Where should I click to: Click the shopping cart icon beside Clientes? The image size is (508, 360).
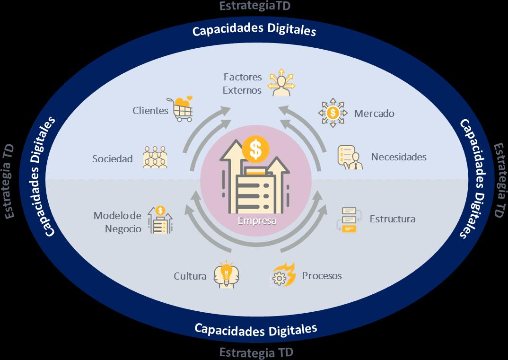(x=181, y=109)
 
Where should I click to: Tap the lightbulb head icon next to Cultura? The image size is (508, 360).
(x=226, y=274)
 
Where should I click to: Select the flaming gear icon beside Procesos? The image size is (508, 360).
(x=283, y=275)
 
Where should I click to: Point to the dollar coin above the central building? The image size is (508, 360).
(x=255, y=149)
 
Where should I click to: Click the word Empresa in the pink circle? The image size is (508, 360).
(x=257, y=220)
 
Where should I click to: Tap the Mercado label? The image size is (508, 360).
(x=374, y=114)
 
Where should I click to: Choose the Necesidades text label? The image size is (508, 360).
(x=399, y=157)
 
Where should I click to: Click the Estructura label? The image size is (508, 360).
(x=393, y=219)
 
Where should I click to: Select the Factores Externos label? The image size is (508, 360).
(x=243, y=83)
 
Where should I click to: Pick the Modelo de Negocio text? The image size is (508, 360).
(x=117, y=222)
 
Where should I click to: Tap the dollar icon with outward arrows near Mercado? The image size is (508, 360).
(x=333, y=113)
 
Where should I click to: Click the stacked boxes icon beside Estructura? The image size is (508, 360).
(x=350, y=219)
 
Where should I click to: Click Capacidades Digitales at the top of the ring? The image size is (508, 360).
(x=254, y=30)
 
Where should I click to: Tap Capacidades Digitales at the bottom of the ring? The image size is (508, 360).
(x=256, y=328)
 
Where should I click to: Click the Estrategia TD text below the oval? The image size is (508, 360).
(x=256, y=352)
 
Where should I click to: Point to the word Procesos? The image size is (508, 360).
(x=322, y=275)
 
